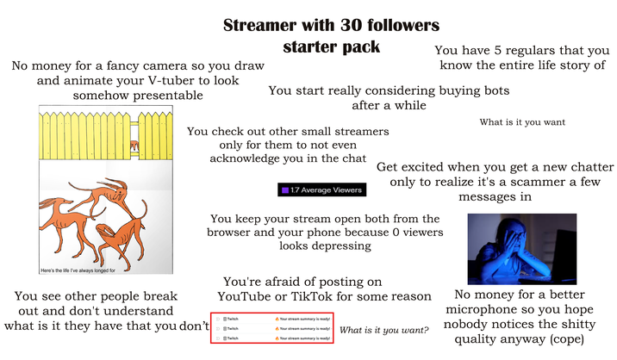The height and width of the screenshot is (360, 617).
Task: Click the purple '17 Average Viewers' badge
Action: (x=321, y=189)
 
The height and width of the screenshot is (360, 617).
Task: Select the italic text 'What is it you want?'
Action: (x=385, y=330)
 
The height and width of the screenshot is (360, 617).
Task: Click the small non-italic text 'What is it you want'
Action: (x=522, y=122)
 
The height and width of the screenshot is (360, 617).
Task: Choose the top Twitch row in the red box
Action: (x=271, y=319)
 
